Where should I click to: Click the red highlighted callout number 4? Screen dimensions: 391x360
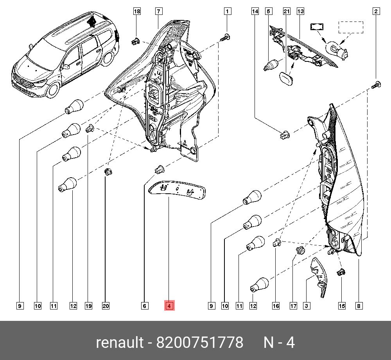point(169,306)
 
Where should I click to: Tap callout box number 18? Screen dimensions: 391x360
point(137,11)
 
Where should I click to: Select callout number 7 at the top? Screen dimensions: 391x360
point(159,11)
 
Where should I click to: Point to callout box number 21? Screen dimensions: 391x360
point(287,11)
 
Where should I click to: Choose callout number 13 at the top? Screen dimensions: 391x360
point(300,11)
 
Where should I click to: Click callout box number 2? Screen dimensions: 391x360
point(376,11)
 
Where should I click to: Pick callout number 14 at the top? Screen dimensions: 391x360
point(255,11)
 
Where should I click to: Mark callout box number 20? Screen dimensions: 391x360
point(106,306)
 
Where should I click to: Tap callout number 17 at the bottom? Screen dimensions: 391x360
point(293,306)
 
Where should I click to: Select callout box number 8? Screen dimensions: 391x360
point(359,306)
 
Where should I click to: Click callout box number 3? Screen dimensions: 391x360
point(306,306)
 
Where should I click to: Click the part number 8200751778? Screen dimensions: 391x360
point(199,342)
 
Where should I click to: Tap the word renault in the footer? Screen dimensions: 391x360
point(120,342)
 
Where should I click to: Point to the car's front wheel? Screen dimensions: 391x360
point(53,90)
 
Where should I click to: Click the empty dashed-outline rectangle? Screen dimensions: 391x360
point(351,27)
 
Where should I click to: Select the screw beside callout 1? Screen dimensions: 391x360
point(225,38)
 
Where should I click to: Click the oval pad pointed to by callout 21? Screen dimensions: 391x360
point(285,78)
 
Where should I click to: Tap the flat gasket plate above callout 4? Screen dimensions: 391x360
point(177,190)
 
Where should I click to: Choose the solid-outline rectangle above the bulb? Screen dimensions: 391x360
point(317,27)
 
